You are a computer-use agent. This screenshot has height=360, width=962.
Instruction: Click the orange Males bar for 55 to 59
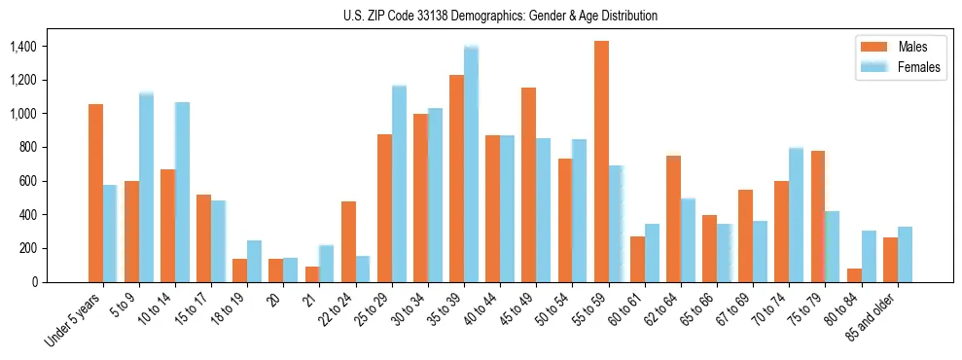coord(601,162)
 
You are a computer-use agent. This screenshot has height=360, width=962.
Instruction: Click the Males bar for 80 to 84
coord(854,274)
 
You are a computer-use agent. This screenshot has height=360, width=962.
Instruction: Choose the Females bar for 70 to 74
coord(796,215)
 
